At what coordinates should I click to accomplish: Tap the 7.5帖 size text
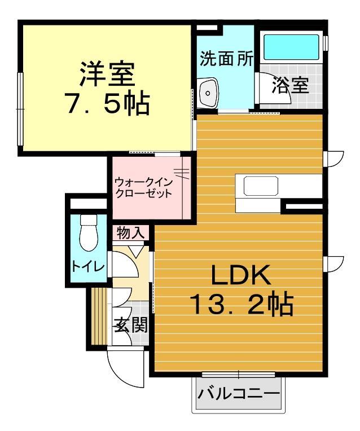click(x=107, y=104)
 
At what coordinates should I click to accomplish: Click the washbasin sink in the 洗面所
click(x=209, y=94)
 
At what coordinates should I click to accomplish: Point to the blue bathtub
click(x=291, y=47)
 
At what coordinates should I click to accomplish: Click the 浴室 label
click(x=290, y=85)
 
